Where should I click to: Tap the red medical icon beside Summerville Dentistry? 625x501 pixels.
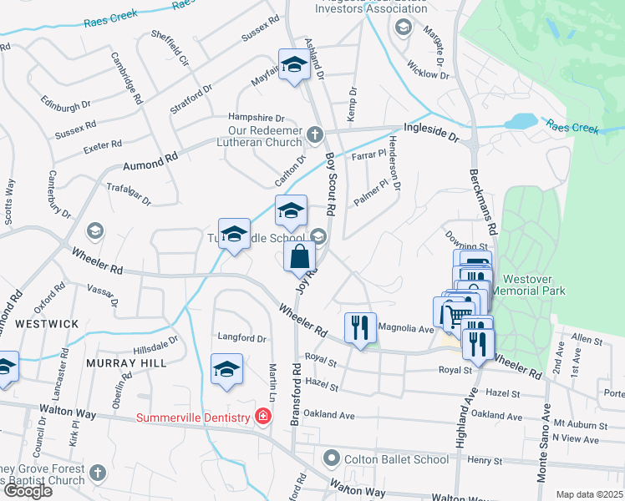click(x=262, y=416)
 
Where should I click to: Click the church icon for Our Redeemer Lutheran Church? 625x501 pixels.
click(x=314, y=134)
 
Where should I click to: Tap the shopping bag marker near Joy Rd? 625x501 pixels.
click(x=300, y=257)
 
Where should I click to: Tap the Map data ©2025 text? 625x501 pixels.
click(x=589, y=494)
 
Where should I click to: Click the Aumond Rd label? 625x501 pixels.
click(x=151, y=157)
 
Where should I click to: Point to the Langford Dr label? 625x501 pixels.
click(x=241, y=339)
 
